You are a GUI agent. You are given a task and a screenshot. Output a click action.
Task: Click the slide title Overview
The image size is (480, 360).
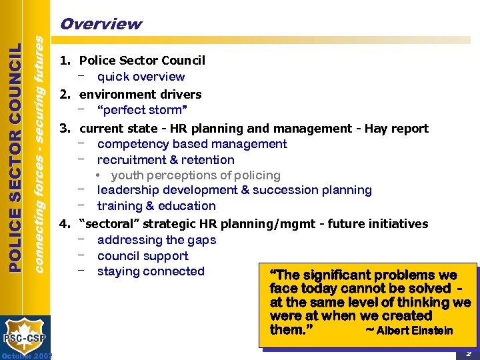pyautogui.click(x=101, y=24)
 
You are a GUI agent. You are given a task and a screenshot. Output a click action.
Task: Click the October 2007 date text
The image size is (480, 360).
pyautogui.click(x=27, y=355)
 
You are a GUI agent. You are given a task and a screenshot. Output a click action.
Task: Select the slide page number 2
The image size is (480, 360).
pyautogui.click(x=469, y=353)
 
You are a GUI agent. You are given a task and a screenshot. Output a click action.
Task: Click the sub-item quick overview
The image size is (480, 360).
pyautogui.click(x=141, y=77)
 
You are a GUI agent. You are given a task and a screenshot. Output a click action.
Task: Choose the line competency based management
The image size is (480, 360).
pyautogui.click(x=192, y=144)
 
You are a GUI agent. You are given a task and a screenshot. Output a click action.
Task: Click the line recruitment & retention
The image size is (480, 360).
pyautogui.click(x=165, y=160)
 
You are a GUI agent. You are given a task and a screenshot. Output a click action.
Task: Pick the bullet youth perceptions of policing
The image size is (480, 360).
pyautogui.click(x=195, y=175)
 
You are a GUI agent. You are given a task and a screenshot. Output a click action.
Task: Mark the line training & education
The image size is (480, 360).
pyautogui.click(x=156, y=206)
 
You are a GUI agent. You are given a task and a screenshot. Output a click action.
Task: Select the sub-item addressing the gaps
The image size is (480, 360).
pyautogui.click(x=156, y=240)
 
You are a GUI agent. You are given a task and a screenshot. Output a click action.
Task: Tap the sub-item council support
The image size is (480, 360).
pyautogui.click(x=143, y=256)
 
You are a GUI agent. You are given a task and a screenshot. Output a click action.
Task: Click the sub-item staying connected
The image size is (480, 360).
pyautogui.click(x=151, y=271)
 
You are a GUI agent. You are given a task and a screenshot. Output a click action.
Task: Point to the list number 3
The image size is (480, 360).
pyautogui.click(x=65, y=128)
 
